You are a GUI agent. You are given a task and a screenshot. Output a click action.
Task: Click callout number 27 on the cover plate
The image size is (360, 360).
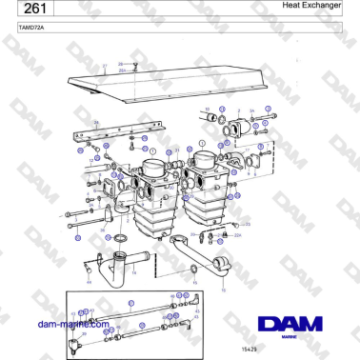click(105, 67)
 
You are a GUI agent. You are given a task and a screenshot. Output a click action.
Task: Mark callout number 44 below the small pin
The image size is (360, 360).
click(89, 283)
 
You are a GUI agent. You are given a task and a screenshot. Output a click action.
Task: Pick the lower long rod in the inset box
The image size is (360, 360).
click(143, 330)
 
